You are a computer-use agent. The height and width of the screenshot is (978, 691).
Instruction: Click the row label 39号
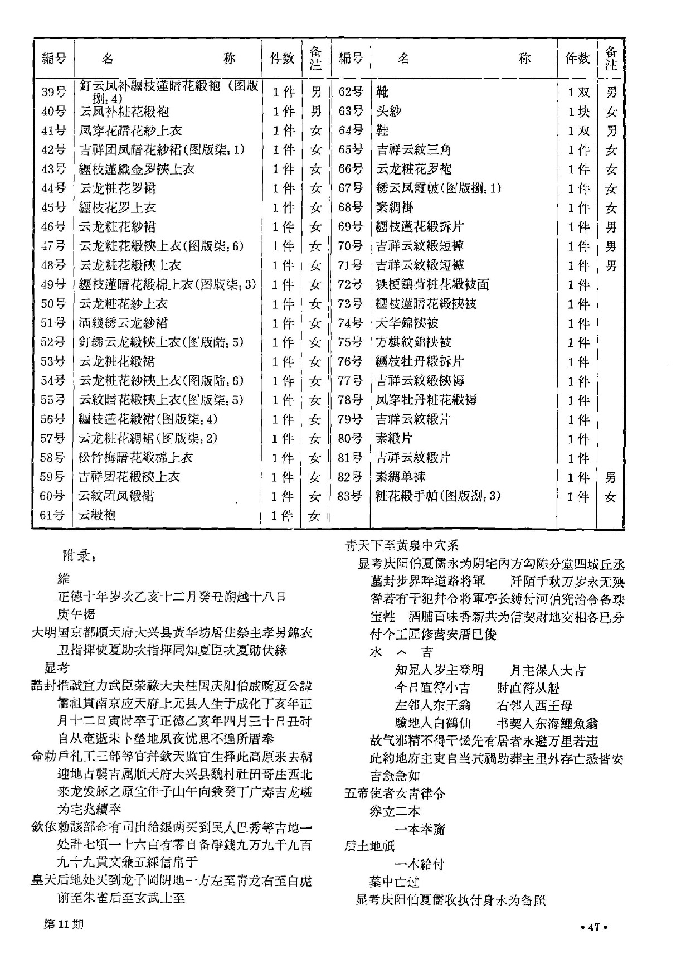click(x=53, y=92)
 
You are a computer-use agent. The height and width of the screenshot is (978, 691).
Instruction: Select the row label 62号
click(x=351, y=92)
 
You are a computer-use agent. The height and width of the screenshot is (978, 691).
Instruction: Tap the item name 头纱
click(x=389, y=112)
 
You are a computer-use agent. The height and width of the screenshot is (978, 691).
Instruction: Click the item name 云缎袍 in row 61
click(x=97, y=515)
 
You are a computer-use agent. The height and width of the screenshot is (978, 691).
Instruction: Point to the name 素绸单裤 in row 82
click(x=401, y=477)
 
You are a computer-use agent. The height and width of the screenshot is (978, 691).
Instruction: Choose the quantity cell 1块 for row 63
click(x=578, y=112)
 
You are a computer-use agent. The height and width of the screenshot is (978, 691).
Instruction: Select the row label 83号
click(x=350, y=496)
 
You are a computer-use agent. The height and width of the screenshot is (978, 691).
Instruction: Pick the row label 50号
click(x=53, y=304)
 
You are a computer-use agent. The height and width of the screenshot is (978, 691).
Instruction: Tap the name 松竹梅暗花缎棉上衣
click(x=135, y=458)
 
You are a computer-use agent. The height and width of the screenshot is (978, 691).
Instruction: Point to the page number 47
click(x=592, y=927)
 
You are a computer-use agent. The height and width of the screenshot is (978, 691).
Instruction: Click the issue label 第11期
click(x=64, y=924)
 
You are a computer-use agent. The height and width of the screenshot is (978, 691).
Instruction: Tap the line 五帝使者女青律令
click(x=395, y=793)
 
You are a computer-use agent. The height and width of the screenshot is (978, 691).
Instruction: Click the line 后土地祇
click(x=369, y=846)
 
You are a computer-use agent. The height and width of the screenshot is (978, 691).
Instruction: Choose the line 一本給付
click(x=420, y=864)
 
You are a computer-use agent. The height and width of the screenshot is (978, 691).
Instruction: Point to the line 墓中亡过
click(x=395, y=882)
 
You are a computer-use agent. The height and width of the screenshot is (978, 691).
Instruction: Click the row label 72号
click(x=350, y=284)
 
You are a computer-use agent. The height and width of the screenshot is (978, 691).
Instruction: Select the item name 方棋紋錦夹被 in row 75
click(x=413, y=342)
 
